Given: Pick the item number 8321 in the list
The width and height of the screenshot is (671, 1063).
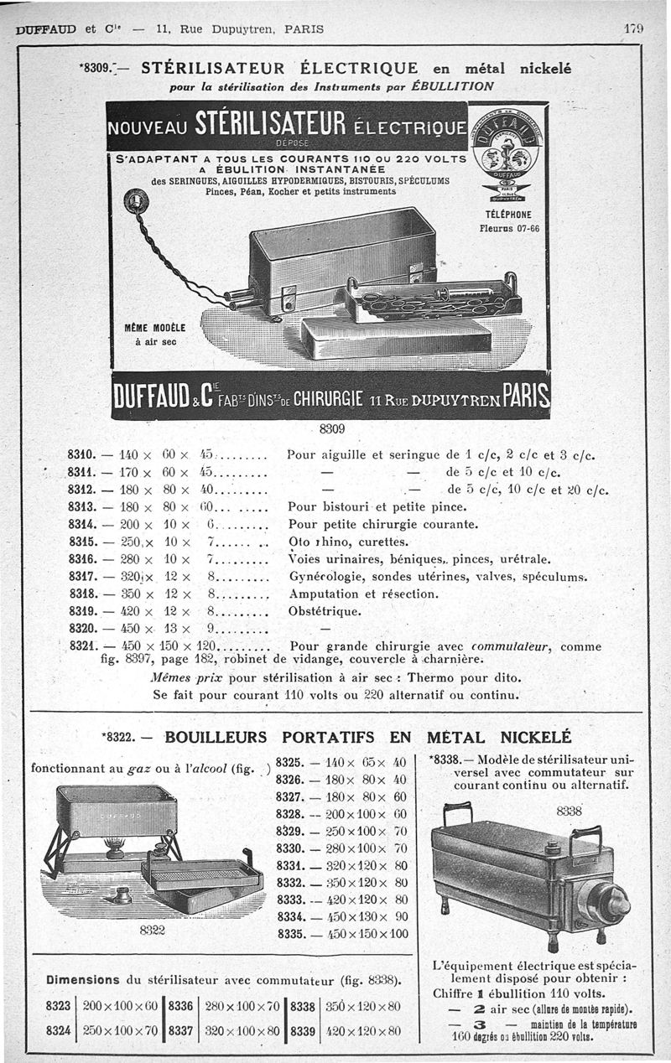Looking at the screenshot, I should [x=84, y=646].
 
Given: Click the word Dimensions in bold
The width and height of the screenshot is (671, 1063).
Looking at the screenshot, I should [x=82, y=978].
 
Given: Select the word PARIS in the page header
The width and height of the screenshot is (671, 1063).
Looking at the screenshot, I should [x=304, y=29].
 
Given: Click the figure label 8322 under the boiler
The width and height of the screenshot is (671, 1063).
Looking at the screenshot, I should [x=152, y=929].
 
